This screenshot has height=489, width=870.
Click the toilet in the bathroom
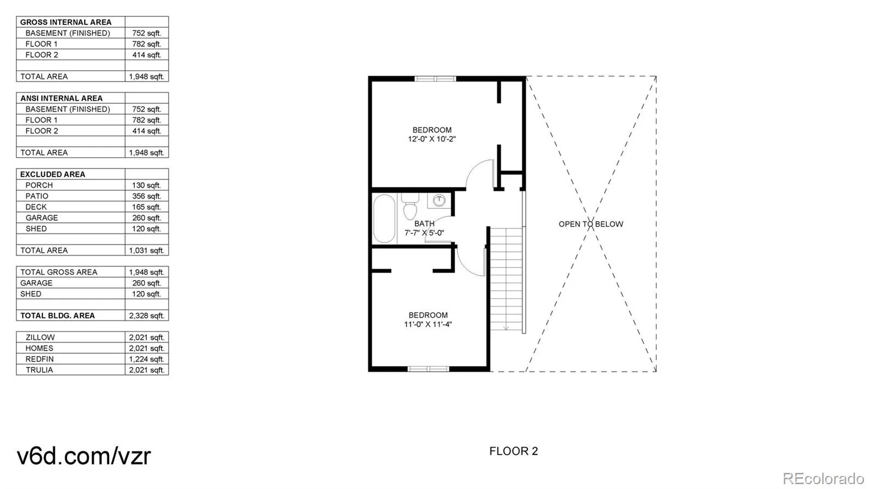point(410,206)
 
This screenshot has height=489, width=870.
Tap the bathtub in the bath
point(384,219)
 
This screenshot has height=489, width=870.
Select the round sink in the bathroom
point(439,200)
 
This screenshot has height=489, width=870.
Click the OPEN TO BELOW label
point(591,224)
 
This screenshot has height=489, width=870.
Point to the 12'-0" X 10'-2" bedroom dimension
point(432,139)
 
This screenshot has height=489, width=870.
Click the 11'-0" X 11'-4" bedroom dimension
point(428,324)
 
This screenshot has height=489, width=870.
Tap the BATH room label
point(424,224)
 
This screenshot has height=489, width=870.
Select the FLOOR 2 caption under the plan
point(513,451)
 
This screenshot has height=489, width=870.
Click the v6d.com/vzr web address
point(84,456)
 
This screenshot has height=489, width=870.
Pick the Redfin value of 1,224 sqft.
point(146,359)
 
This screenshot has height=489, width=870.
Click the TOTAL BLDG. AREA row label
point(58,315)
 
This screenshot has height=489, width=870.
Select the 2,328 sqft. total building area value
point(146,315)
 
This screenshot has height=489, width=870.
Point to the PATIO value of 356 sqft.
point(146,196)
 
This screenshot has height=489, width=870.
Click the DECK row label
point(36,207)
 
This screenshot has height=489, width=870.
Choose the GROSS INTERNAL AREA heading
point(66,22)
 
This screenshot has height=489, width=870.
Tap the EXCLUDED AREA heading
point(52,175)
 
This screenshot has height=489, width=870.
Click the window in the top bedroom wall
point(435,79)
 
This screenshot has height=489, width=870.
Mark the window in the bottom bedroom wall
point(428,369)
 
